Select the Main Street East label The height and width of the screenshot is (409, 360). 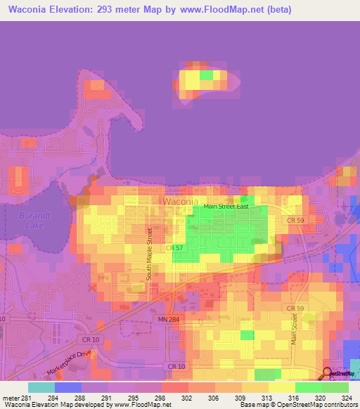tap(226, 206)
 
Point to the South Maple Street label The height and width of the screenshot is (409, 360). tap(149, 254)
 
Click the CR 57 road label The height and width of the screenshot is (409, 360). tap(174, 248)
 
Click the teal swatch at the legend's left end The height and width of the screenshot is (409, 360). tap(41, 387)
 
